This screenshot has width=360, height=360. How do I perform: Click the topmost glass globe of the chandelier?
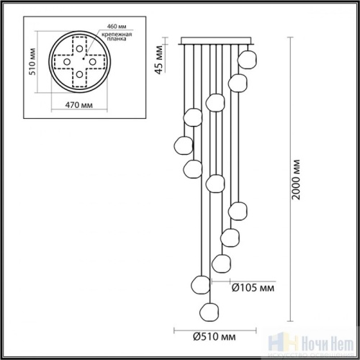248,57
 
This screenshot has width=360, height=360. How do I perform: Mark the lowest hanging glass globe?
209,310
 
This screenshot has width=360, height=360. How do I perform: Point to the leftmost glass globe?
183,145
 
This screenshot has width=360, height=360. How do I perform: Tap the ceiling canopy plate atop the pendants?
216,40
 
